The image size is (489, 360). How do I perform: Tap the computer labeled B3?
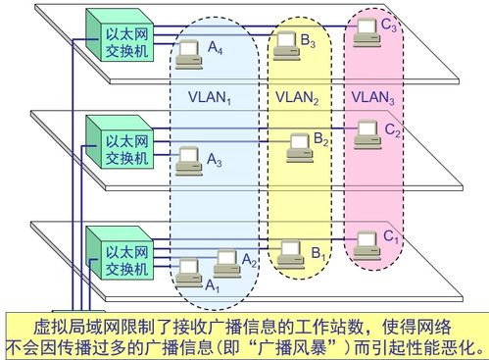(x=285, y=43)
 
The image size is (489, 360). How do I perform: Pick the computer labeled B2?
(x=298, y=147)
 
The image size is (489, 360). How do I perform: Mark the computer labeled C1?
(x=367, y=239)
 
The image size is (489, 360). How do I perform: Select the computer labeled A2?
(x=226, y=260)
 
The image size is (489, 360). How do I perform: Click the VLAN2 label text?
(x=297, y=98)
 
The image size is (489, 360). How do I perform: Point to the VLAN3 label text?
(x=373, y=98)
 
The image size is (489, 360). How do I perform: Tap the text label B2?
(x=322, y=142)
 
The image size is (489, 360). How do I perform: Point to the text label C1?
(x=391, y=236)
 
